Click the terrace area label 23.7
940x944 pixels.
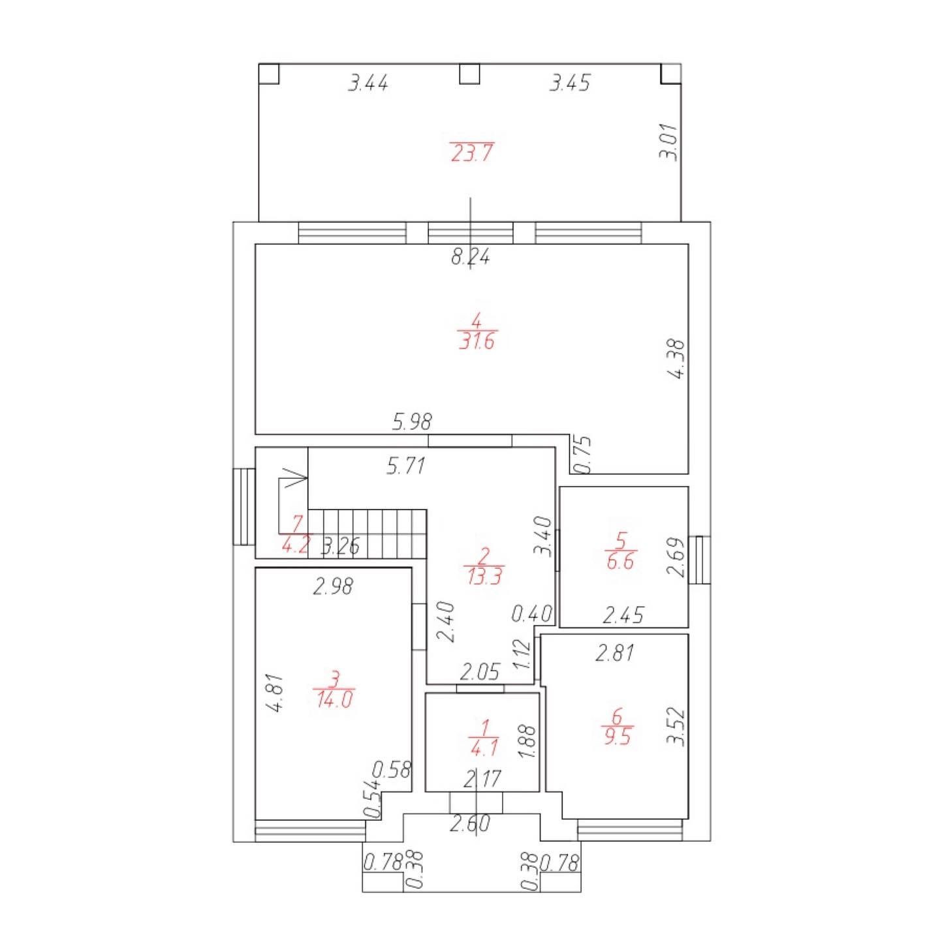tap(471, 153)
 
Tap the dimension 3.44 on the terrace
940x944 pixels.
tap(368, 82)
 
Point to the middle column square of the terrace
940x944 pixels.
tap(469, 74)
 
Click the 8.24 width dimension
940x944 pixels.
tap(470, 256)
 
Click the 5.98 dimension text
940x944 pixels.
tap(412, 421)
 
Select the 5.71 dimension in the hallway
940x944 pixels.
tap(405, 465)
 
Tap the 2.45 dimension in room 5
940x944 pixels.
tap(622, 615)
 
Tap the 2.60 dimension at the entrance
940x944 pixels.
tap(470, 823)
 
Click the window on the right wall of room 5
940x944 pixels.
tap(699, 560)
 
